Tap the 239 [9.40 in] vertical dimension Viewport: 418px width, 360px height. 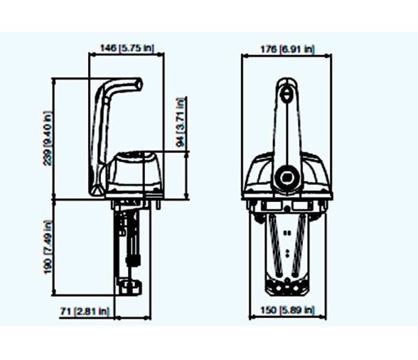pyautogui.click(x=48, y=138)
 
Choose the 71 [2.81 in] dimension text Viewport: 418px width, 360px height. pyautogui.click(x=84, y=311)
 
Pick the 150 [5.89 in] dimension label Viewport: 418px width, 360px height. pyautogui.click(x=287, y=311)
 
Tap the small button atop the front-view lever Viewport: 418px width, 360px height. pyautogui.click(x=286, y=92)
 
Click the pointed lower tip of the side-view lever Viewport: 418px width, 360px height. pyautogui.click(x=95, y=191)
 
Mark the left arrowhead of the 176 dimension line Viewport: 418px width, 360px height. pyautogui.click(x=244, y=55)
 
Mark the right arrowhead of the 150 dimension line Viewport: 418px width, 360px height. pyautogui.click(x=324, y=317)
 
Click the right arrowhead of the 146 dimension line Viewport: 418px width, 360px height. pyautogui.click(x=164, y=55)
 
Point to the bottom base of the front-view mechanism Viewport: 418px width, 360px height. pyautogui.click(x=286, y=287)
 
